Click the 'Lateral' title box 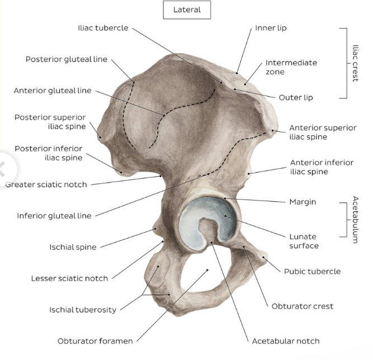[187, 10]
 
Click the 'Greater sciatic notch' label [46, 184]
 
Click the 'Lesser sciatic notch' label [69, 278]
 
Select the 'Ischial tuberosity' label [82, 310]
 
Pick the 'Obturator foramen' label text [95, 340]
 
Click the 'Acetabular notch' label [286, 340]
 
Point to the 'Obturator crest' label [302, 306]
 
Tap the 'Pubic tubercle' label [312, 272]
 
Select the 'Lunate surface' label [303, 241]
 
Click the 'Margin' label [303, 201]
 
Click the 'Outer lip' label [296, 97]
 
